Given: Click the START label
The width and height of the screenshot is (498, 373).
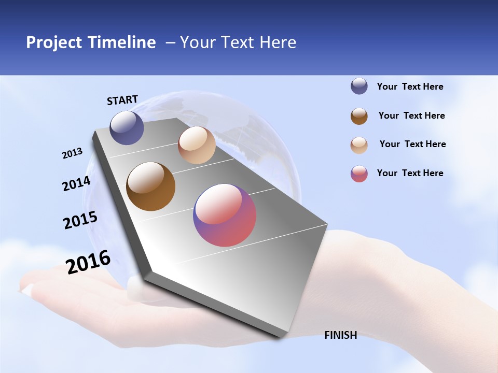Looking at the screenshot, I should [x=122, y=100].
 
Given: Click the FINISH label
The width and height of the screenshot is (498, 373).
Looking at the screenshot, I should [x=340, y=335].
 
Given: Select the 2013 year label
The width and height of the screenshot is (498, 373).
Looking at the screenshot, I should [x=72, y=153].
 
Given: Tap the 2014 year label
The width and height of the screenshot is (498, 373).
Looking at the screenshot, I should [x=76, y=184].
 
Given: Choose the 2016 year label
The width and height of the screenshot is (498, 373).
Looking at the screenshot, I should [x=88, y=262].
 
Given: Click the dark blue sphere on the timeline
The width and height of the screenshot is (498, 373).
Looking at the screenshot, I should [x=127, y=127].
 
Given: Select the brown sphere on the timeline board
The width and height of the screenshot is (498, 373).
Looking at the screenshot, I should [x=150, y=187].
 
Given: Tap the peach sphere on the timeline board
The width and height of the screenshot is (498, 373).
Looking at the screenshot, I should [x=197, y=145].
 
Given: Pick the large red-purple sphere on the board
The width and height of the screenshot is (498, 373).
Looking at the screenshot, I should [x=225, y=215].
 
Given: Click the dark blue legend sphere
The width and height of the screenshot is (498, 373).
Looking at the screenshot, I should [x=359, y=86].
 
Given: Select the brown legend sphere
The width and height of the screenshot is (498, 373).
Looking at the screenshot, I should [x=359, y=116].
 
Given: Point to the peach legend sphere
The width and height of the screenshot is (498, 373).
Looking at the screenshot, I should [x=359, y=145].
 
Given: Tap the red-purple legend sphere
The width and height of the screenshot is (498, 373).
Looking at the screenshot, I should [x=359, y=174].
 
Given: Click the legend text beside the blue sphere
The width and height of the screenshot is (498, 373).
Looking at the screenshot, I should [x=410, y=87].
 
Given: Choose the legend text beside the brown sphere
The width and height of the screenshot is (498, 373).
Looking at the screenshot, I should [x=411, y=116].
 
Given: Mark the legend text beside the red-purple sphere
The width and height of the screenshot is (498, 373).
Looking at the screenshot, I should [x=410, y=173].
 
